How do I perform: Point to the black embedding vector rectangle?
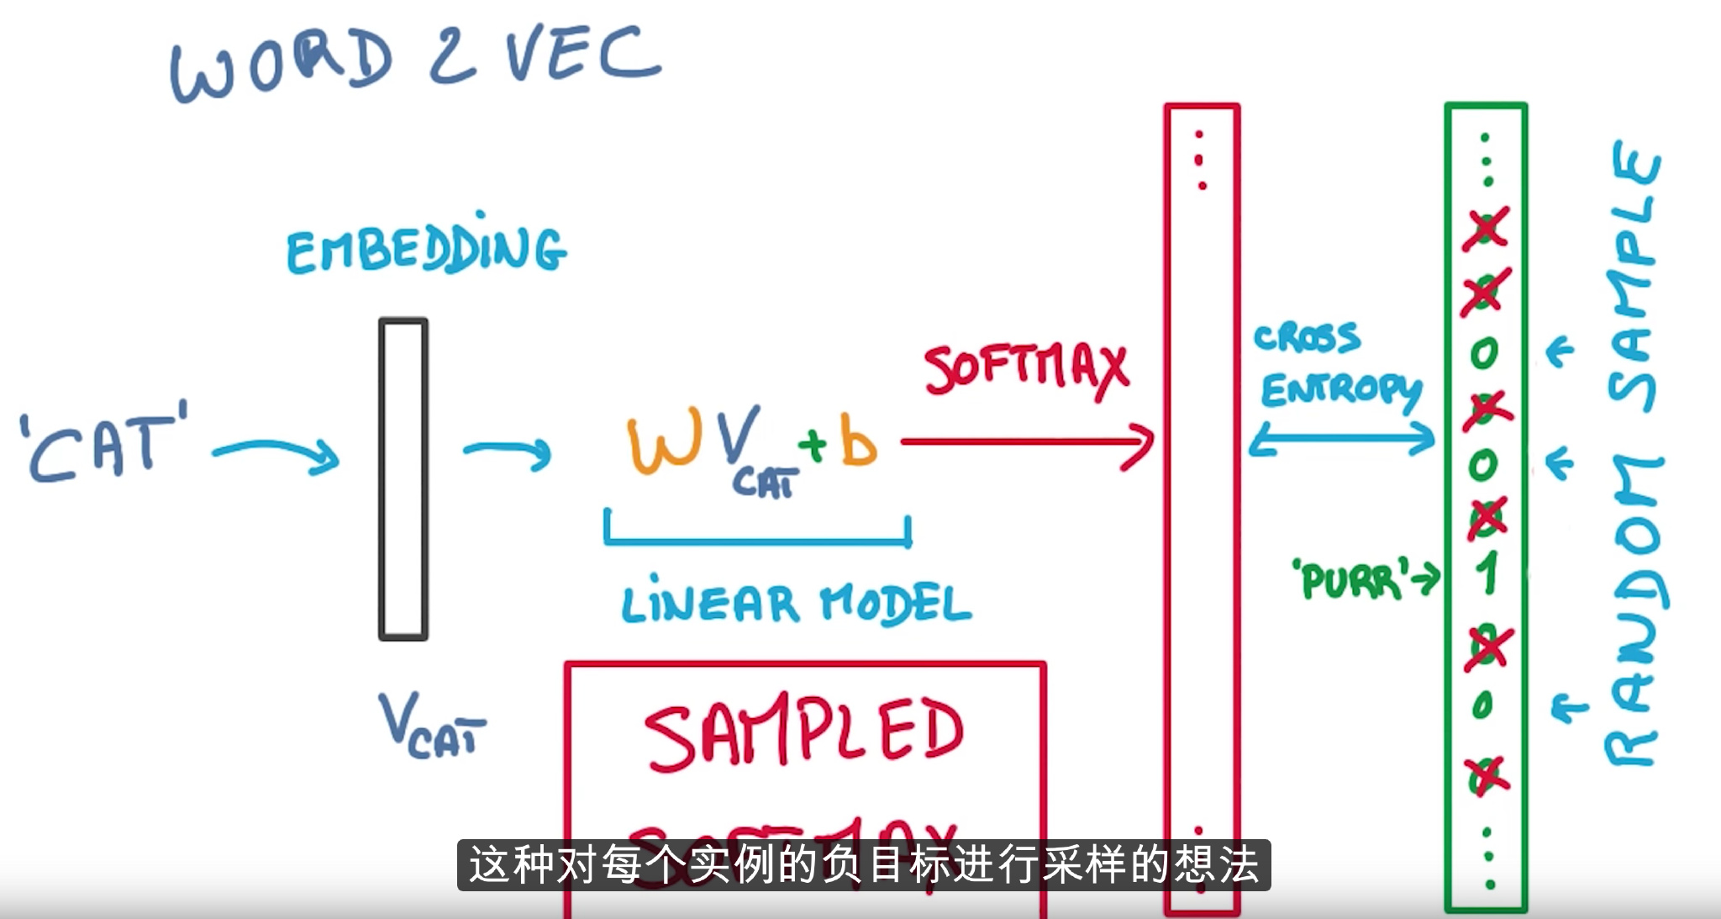[403, 479]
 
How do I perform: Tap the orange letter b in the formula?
[859, 442]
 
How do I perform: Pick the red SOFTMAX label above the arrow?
[1026, 370]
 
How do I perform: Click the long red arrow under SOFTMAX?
[1025, 442]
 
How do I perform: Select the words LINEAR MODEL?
[795, 603]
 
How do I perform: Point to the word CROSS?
[1307, 337]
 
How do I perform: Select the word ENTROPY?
[1340, 391]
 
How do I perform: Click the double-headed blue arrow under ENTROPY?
[1342, 439]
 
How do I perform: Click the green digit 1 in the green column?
[1487, 574]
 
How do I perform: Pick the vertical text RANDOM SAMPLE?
[1634, 454]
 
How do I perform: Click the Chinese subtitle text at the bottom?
[864, 864]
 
